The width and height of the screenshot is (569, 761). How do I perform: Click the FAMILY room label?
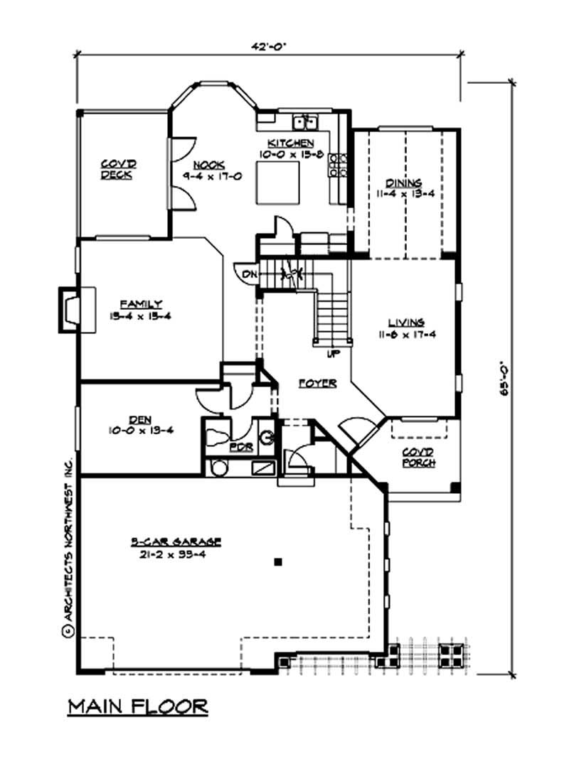point(141,303)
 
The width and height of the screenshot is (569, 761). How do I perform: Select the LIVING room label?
point(406,321)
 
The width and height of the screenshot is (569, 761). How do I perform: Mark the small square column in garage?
point(278,561)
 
